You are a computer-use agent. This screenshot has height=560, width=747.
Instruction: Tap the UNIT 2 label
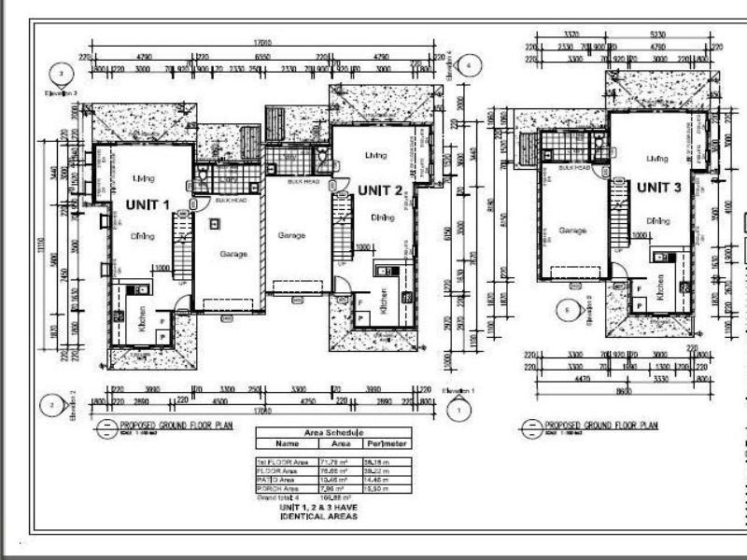pos(380,190)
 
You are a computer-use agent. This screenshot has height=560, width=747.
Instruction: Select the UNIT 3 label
pos(660,188)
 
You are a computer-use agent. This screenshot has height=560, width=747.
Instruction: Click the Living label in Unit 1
pos(143,177)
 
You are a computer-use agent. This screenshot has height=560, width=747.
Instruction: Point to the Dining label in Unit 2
pos(381,217)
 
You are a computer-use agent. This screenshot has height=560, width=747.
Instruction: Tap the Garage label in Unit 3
pos(571,230)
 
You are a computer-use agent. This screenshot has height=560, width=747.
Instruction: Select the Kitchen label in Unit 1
pos(143,322)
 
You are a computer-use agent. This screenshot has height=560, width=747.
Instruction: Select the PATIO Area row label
pos(277,478)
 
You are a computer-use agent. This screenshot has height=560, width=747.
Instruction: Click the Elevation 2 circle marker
pos(50,405)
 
